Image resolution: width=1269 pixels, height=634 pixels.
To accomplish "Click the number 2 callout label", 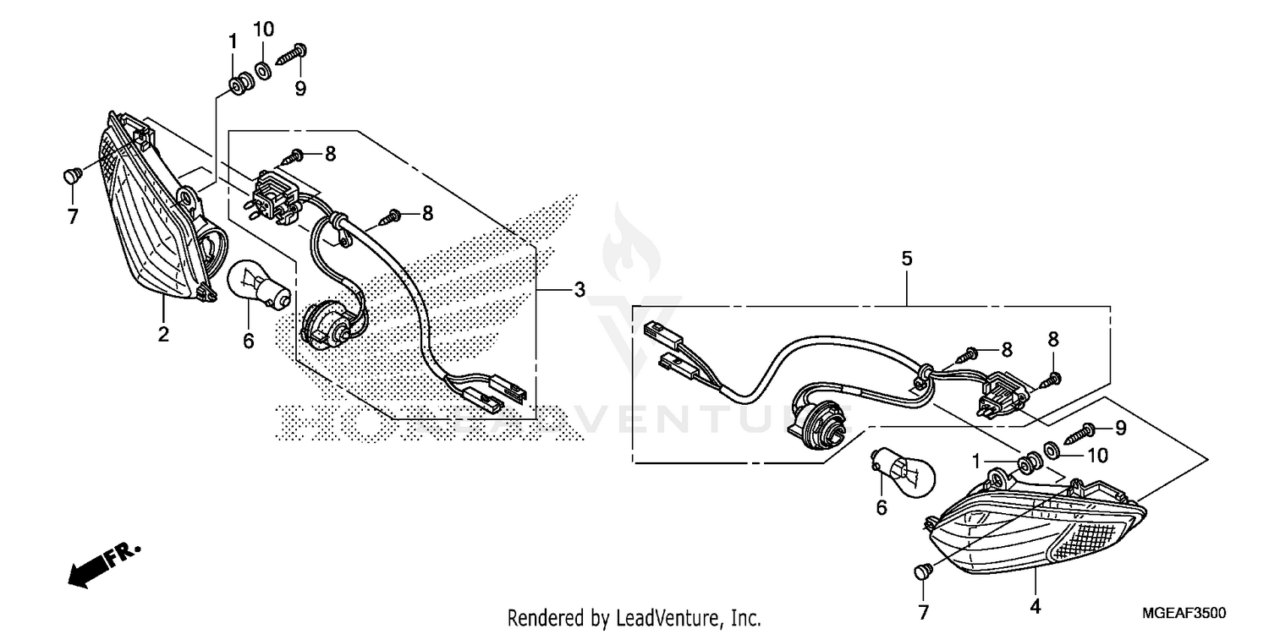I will (162, 334).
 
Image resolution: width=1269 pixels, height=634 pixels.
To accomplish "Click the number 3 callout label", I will (579, 290).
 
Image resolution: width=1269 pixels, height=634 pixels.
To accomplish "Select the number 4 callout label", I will (1035, 606).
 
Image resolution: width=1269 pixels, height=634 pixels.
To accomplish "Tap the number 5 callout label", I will (907, 259).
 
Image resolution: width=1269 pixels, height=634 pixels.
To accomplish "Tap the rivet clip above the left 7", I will (72, 176).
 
